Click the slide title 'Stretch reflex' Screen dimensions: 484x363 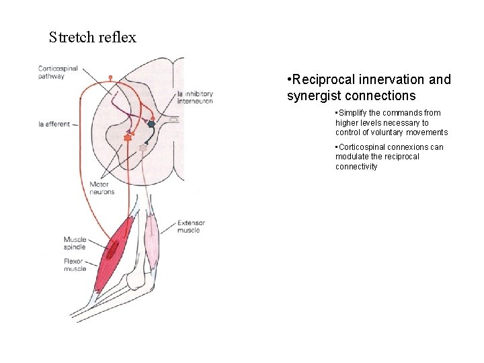pos(93,38)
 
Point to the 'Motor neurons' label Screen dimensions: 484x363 pos(102,188)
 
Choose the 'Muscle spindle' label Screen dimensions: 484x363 pos(75,243)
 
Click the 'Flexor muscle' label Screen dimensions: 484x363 pos(75,265)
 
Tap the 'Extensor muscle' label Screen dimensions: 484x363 pos(192,227)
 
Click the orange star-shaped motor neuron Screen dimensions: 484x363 pos(128,137)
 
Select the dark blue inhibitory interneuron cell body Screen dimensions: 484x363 pos(151,124)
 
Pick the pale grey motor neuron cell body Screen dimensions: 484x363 pos(143,147)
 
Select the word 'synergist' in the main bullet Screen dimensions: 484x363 pos(317,95)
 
